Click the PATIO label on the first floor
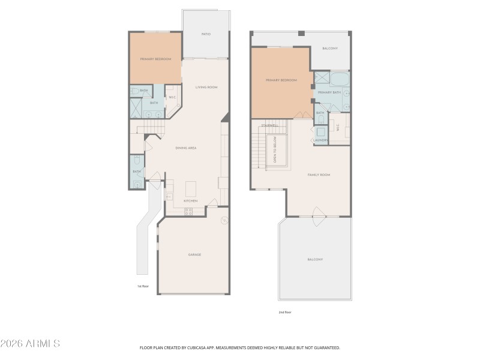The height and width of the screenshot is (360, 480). click(x=205, y=34)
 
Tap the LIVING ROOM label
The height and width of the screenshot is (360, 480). click(x=206, y=88)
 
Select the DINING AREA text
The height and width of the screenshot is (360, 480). click(x=186, y=148)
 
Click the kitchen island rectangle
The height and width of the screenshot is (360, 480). click(x=191, y=189)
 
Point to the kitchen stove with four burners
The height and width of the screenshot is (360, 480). click(x=188, y=211)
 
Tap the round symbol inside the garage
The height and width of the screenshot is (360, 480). click(x=224, y=220)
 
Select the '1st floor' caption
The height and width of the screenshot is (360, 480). click(x=143, y=286)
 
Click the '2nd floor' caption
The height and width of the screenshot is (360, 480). click(x=285, y=312)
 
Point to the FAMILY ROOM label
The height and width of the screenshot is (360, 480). click(x=319, y=175)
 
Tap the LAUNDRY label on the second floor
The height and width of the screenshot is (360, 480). click(x=320, y=140)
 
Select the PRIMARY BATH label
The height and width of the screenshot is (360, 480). click(x=329, y=92)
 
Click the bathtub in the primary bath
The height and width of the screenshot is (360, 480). click(x=339, y=79)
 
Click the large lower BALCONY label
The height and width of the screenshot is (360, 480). click(x=315, y=259)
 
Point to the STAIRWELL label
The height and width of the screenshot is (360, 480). click(x=269, y=125)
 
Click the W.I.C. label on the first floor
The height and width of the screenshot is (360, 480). click(x=172, y=97)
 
